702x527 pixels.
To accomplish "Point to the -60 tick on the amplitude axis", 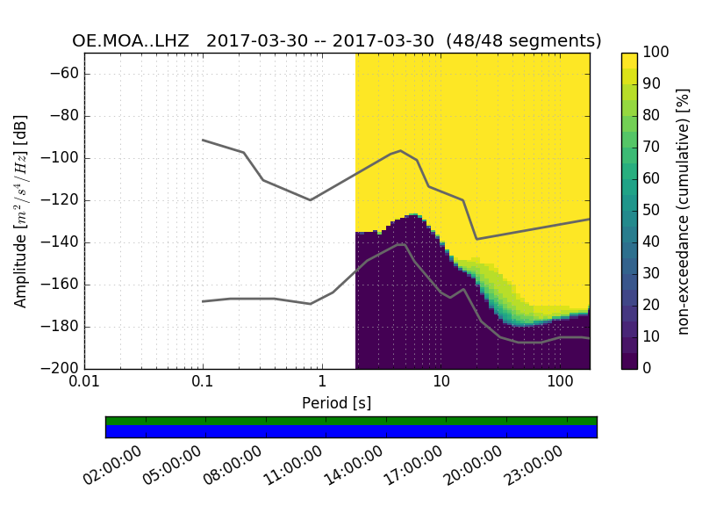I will pos(68,74).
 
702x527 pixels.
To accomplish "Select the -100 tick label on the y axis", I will pos(64,158).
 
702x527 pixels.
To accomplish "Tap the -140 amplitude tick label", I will pos(64,242).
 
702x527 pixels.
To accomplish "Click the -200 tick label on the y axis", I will pos(64,369).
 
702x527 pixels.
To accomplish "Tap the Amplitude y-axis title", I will pos(21,211).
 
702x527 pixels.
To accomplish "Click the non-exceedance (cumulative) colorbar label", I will pos(684,211).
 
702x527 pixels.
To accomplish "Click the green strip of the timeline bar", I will pos(351,421).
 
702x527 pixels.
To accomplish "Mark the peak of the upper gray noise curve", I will pos(400,150).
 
